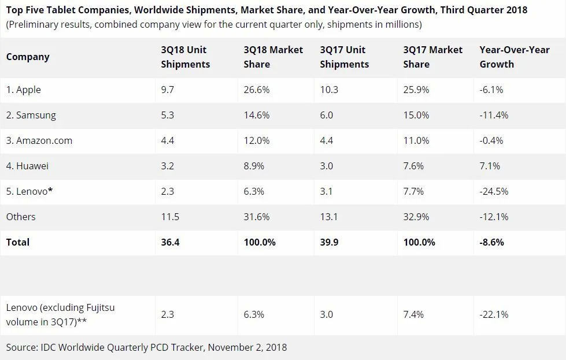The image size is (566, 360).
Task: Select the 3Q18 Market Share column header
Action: point(273,57)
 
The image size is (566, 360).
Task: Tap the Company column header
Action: point(28,57)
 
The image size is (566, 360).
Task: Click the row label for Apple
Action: point(24,90)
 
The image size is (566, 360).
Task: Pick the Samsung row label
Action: point(31,115)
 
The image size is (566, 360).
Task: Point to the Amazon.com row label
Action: point(39,140)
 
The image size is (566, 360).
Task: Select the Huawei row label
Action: point(28,166)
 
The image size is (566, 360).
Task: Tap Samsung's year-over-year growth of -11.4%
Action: point(494,115)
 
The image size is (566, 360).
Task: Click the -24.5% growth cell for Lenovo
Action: point(494,191)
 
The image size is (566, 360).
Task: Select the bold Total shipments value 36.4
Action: point(170,242)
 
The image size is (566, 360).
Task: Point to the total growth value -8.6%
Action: point(491,242)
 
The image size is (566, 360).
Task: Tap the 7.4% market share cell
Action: point(413,314)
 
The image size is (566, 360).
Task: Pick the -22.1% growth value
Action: point(494,314)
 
